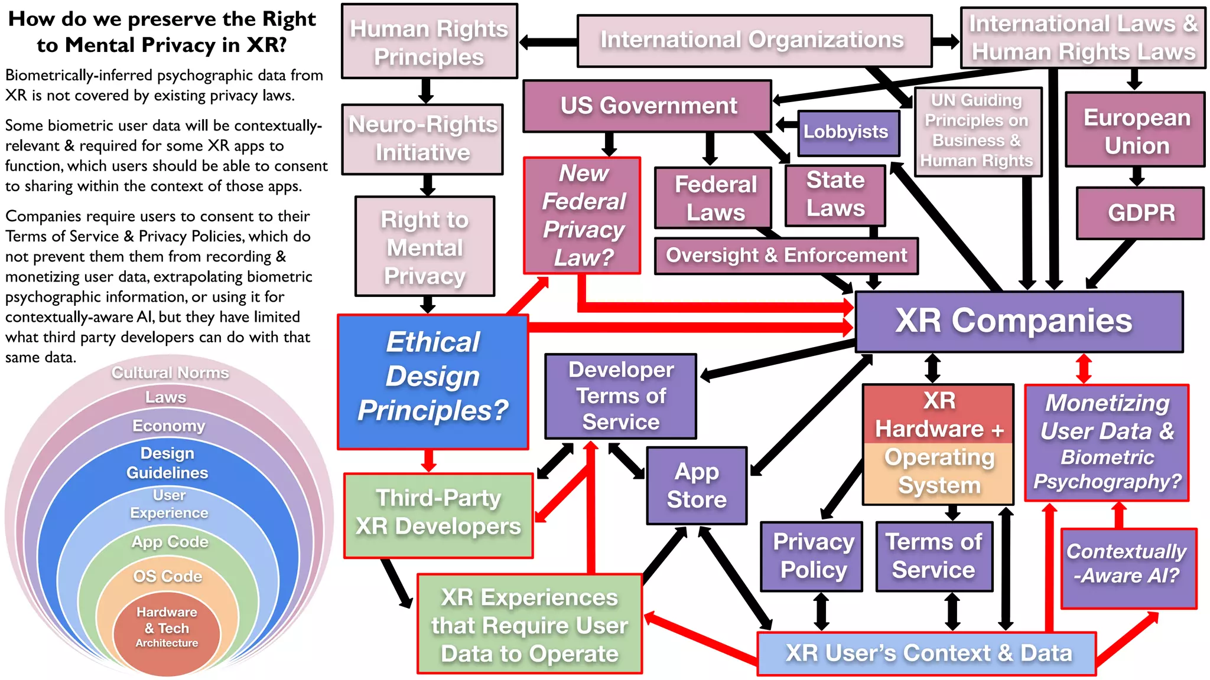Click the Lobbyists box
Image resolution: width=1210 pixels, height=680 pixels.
point(845,132)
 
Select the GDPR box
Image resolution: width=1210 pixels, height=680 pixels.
point(1140,213)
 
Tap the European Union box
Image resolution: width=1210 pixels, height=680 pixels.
point(1136,130)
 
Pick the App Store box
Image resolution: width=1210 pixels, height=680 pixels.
point(697,485)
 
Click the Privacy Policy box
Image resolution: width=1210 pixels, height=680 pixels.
point(812,556)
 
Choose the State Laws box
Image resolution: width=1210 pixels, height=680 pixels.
point(835,194)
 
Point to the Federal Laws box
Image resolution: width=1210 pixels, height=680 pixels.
point(714,198)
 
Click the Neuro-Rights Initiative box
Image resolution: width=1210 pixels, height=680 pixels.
point(423,139)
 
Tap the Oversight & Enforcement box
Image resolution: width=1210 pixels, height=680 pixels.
point(786,256)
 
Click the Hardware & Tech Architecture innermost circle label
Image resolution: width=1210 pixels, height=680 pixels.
point(167,627)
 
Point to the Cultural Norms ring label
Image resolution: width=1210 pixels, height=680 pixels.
point(170,373)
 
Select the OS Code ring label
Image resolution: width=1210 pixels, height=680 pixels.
point(168,576)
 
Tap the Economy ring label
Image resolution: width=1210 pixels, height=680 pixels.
point(168,426)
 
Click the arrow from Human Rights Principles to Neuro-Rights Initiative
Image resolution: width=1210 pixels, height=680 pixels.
point(427,91)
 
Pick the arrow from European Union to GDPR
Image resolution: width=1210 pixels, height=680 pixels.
point(1137,176)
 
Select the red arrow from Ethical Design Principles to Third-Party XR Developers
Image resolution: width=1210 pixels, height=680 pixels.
point(429,460)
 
